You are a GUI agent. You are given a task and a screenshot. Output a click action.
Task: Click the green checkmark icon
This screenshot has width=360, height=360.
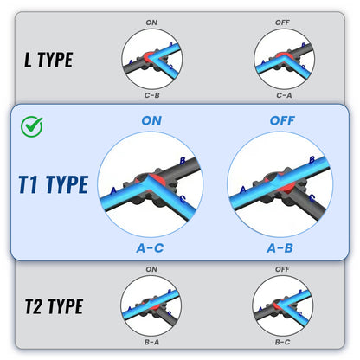click(32, 126)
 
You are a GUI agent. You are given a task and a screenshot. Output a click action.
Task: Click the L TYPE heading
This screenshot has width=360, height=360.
click(48, 60)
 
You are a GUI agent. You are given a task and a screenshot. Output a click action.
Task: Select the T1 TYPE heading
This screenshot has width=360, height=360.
click(54, 184)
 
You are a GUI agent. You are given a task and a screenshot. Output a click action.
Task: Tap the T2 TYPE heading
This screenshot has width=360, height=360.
click(55, 306)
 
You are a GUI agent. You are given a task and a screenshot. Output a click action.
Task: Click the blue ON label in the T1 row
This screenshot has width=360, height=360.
click(151, 120)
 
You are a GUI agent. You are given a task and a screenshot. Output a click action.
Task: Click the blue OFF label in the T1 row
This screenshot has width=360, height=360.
click(282, 120)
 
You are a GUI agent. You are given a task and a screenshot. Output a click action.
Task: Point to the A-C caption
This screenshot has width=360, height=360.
click(150, 248)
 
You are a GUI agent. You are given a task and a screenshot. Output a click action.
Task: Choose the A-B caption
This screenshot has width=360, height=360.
click(280, 248)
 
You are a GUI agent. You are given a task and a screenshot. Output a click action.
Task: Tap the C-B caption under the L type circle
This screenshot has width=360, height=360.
click(151, 95)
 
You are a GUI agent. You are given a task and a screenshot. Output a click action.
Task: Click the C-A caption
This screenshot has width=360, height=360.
click(284, 95)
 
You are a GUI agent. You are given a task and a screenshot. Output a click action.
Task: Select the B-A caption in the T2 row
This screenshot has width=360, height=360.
click(151, 342)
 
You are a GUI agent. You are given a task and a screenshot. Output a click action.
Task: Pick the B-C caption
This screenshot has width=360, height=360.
click(282, 342)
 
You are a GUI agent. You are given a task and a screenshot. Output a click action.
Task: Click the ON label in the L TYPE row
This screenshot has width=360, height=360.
click(151, 22)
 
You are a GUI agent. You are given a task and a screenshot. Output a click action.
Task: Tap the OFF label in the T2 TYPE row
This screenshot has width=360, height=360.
click(282, 269)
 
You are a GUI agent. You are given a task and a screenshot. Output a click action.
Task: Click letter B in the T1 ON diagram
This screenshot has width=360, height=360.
click(183, 161)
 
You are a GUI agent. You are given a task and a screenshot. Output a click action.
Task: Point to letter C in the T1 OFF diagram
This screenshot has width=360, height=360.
click(312, 198)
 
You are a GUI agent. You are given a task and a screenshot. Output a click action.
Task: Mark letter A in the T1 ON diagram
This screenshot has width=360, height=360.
click(113, 190)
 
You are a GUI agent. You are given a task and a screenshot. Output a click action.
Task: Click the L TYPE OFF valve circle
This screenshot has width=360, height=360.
click(284, 59)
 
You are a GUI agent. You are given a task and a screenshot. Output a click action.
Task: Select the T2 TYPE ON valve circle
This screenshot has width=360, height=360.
click(151, 305)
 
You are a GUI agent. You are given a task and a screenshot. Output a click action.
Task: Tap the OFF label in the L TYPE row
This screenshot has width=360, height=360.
click(282, 22)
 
